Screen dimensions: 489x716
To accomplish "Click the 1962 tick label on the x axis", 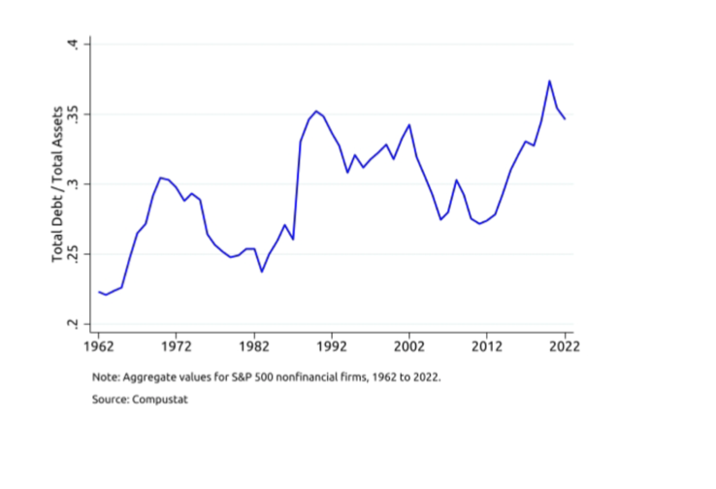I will pos(99,343).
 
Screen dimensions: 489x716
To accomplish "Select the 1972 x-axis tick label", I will pos(177,343).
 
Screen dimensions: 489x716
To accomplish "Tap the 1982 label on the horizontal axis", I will pos(254,343).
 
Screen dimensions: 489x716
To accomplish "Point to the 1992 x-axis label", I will pos(332,343).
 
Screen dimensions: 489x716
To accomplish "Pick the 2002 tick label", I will pos(409,343).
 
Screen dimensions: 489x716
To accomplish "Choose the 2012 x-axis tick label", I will pos(487,343).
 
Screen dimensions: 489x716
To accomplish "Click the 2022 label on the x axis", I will pos(564,343).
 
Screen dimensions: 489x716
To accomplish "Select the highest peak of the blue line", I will pos(549,81).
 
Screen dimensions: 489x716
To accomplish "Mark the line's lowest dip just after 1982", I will pos(262,271).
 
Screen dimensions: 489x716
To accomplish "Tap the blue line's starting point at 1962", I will pos(99,291).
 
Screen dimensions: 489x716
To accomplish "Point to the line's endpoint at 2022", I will pos(565,118).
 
